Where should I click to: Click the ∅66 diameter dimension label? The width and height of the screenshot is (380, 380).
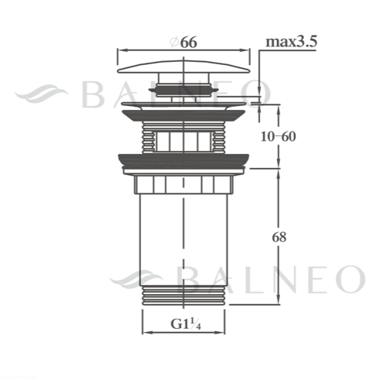[x=184, y=42]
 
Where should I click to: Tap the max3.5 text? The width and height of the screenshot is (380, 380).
[x=291, y=42]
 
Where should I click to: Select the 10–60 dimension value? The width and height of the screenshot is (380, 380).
[x=278, y=136]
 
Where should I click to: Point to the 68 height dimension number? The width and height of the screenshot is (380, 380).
[x=279, y=237]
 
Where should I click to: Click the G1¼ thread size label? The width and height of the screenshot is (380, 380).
[x=186, y=324]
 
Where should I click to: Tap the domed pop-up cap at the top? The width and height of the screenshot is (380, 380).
[x=183, y=67]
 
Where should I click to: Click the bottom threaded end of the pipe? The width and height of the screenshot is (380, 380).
[x=183, y=296]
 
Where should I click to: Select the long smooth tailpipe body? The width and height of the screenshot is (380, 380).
[x=183, y=240]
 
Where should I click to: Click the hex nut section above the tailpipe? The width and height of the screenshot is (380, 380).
[x=183, y=185]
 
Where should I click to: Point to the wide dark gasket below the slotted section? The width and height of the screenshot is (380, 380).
[x=183, y=160]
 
